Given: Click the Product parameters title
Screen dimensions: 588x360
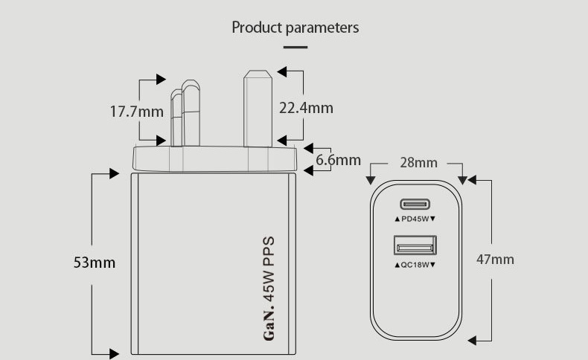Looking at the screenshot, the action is pyautogui.click(x=295, y=28).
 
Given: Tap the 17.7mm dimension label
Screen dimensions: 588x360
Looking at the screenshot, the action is pyautogui.click(x=136, y=112).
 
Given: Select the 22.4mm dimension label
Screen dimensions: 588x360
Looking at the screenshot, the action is pyautogui.click(x=306, y=108).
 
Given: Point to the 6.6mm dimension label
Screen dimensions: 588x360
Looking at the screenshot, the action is pyautogui.click(x=338, y=160).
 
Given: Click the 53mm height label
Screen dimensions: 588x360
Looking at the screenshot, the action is pyautogui.click(x=95, y=263).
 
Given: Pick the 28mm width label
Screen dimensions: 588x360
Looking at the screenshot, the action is pyautogui.click(x=418, y=163).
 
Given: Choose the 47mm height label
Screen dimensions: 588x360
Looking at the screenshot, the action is pyautogui.click(x=495, y=260).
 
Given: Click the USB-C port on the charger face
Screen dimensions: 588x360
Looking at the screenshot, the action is pyautogui.click(x=415, y=204).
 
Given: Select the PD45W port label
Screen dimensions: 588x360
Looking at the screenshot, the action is pyautogui.click(x=415, y=219).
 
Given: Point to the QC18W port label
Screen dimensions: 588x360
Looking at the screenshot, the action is pyautogui.click(x=415, y=265).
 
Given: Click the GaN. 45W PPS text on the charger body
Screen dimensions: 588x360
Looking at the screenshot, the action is pyautogui.click(x=269, y=289).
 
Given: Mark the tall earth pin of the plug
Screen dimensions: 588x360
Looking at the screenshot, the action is pyautogui.click(x=258, y=109).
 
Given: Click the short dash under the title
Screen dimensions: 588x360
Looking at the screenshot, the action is pyautogui.click(x=295, y=47).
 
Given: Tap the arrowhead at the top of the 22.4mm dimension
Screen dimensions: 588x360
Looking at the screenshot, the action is pyautogui.click(x=281, y=71).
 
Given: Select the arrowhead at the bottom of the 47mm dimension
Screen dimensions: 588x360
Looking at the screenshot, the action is pyautogui.click(x=472, y=341).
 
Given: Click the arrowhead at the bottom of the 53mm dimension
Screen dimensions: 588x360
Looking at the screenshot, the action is pyautogui.click(x=114, y=353).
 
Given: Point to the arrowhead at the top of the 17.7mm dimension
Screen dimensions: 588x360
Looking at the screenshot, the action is pyautogui.click(x=161, y=79).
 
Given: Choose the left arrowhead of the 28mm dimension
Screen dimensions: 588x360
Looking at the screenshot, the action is pyautogui.click(x=371, y=180).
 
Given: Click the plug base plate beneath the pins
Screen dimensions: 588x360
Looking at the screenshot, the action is pyautogui.click(x=215, y=159).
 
